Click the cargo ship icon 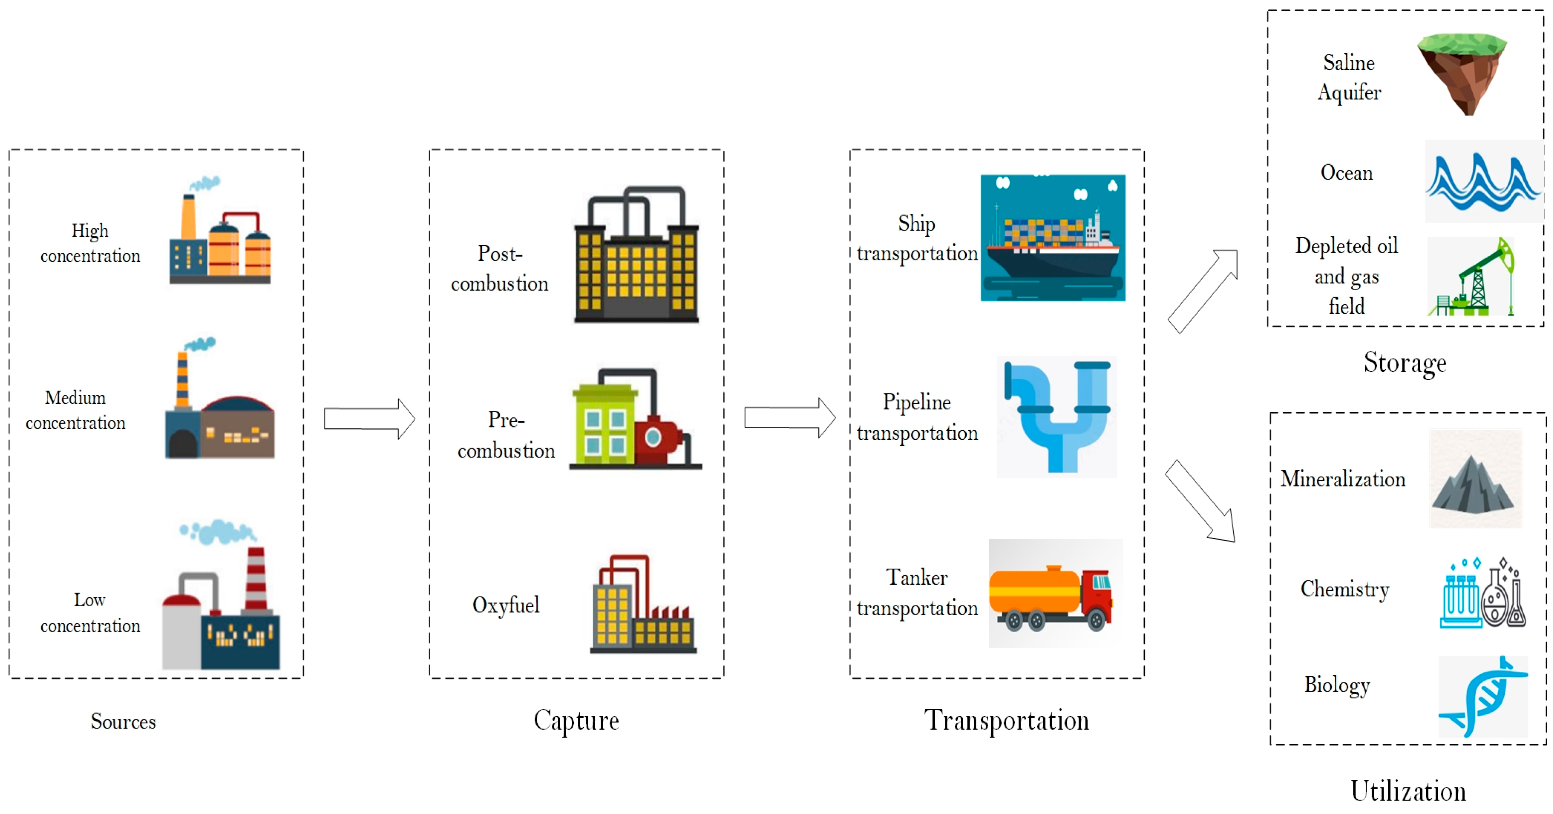(x=1052, y=238)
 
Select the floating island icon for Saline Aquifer (x=1462, y=72)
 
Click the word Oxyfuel (x=505, y=604)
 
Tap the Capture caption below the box (x=576, y=720)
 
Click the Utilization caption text (x=1408, y=791)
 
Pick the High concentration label (x=90, y=243)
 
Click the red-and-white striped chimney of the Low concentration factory (x=256, y=578)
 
